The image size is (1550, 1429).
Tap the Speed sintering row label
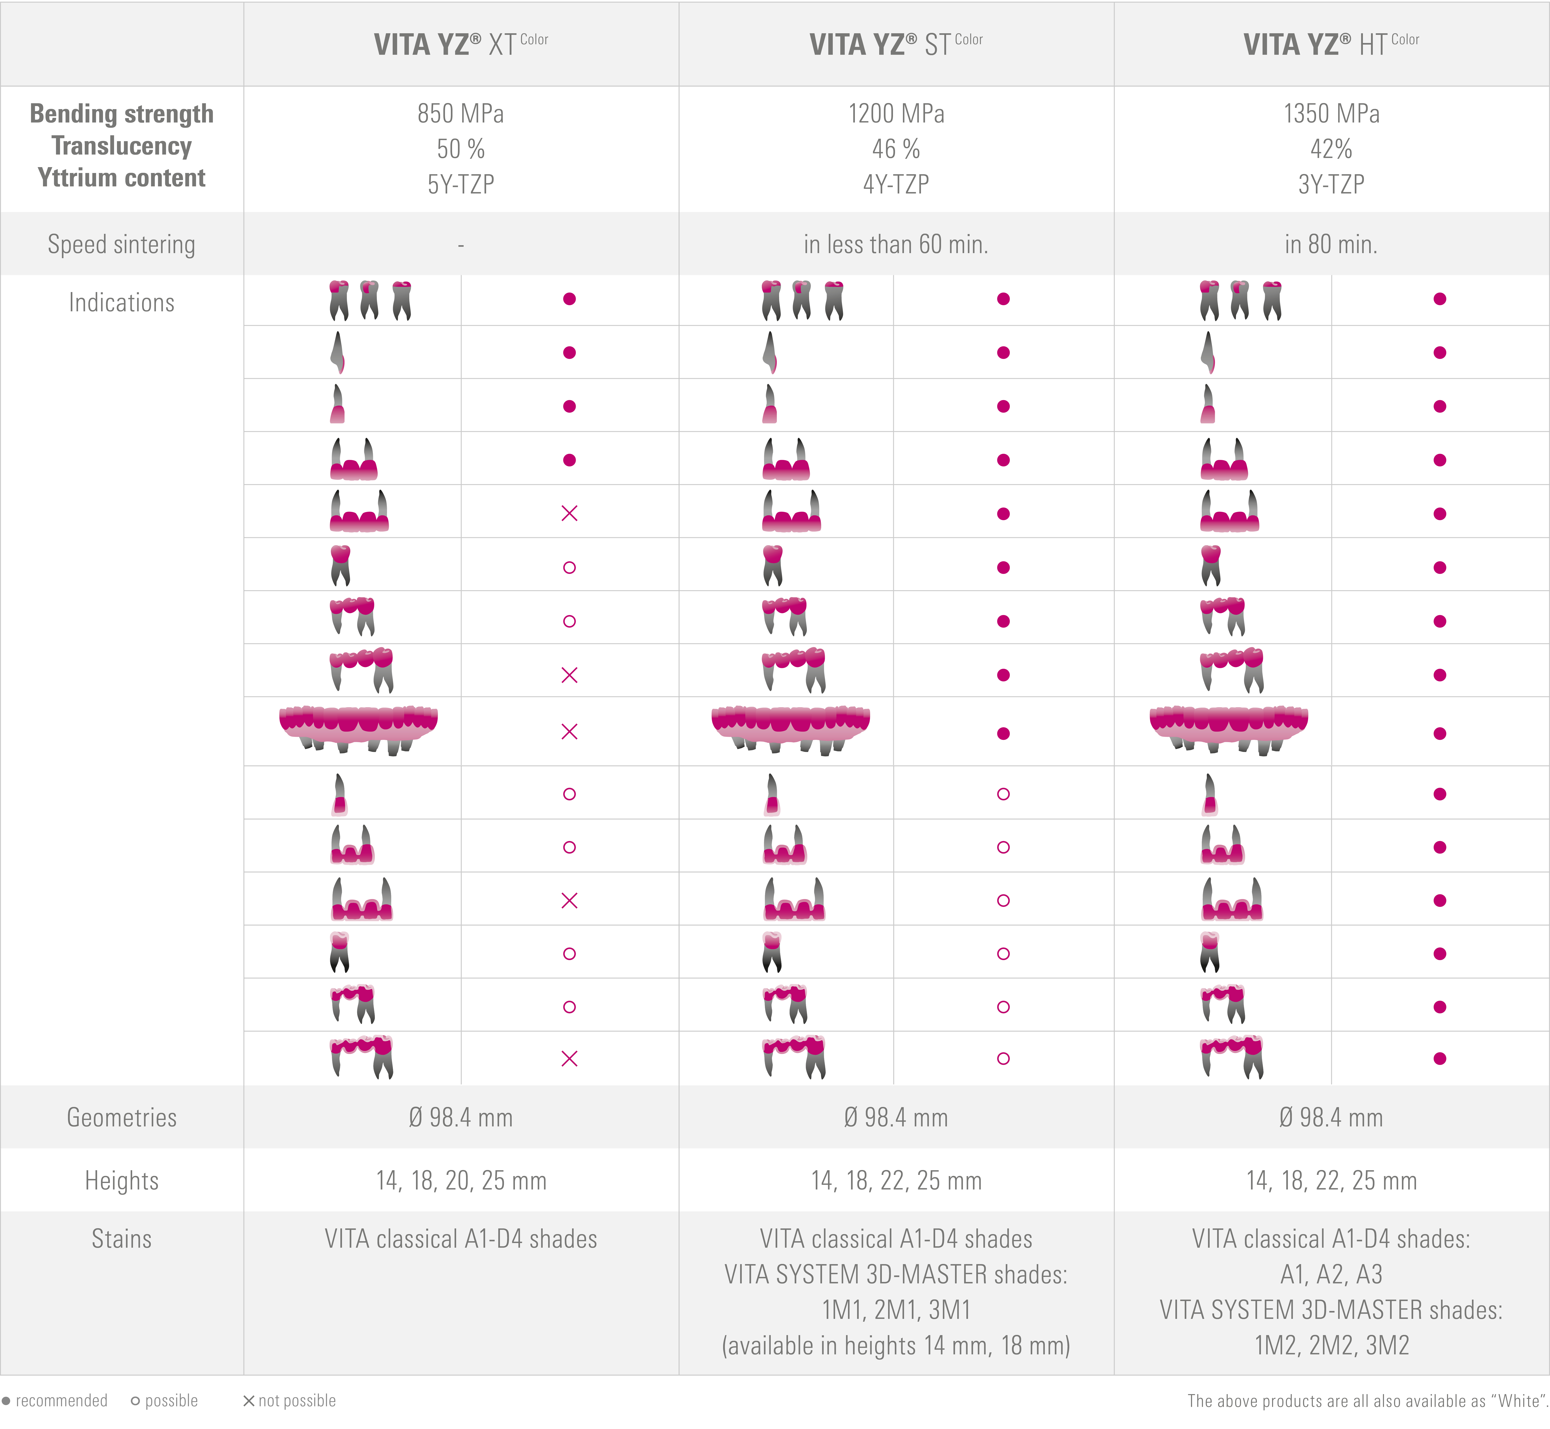tap(121, 244)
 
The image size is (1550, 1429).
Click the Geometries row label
tap(121, 1117)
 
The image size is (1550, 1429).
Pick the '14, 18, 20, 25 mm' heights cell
tap(461, 1181)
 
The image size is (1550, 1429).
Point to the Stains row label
tap(121, 1239)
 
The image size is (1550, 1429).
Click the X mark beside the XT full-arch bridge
tap(569, 732)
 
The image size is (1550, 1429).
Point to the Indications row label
tap(121, 302)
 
